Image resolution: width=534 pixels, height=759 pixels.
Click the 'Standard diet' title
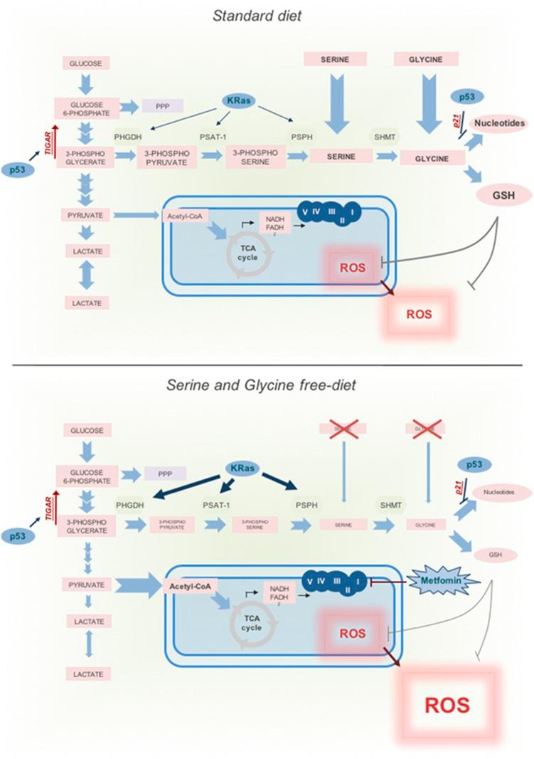point(257,16)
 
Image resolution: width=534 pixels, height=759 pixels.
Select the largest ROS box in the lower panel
point(447,704)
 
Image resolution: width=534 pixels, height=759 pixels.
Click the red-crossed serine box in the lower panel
point(343,428)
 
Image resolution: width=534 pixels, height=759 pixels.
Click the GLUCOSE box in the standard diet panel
point(85,63)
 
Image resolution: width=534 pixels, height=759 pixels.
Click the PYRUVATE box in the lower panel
point(85,585)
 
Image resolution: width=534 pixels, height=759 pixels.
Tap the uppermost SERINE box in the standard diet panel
point(335,59)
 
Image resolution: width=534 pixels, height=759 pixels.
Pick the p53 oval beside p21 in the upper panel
point(471,97)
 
